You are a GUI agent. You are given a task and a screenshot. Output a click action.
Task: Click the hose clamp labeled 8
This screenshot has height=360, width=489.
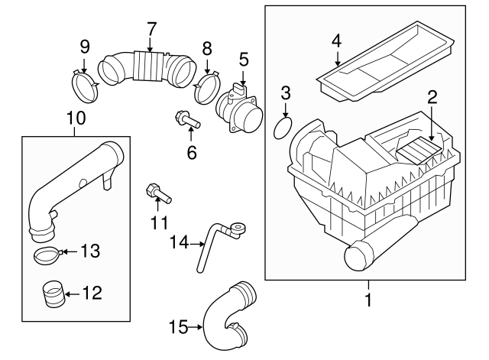pyautogui.click(x=207, y=87)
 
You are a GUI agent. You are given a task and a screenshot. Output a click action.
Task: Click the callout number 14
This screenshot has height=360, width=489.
pyautogui.click(x=178, y=242)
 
